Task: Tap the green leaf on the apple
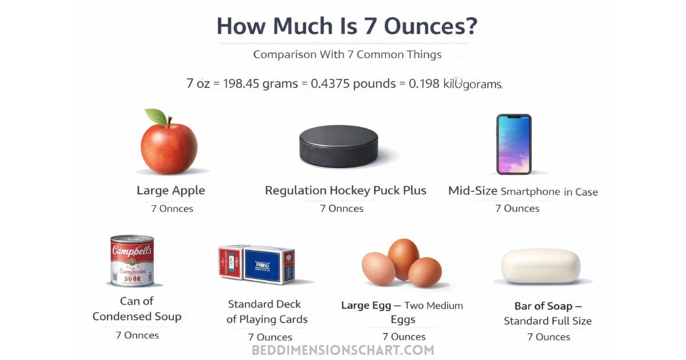point(155,117)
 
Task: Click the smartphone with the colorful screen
point(513,144)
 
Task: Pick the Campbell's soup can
point(132,261)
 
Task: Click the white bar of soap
point(540,266)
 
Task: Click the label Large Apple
point(170,190)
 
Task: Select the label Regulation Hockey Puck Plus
point(345,190)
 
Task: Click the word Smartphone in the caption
point(531,191)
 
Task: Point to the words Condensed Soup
point(137,317)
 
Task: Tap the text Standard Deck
point(264,304)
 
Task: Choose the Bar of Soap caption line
point(547,305)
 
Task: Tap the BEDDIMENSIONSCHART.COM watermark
point(343,350)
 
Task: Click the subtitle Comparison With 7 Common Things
point(347,55)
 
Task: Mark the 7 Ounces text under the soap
point(548,337)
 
